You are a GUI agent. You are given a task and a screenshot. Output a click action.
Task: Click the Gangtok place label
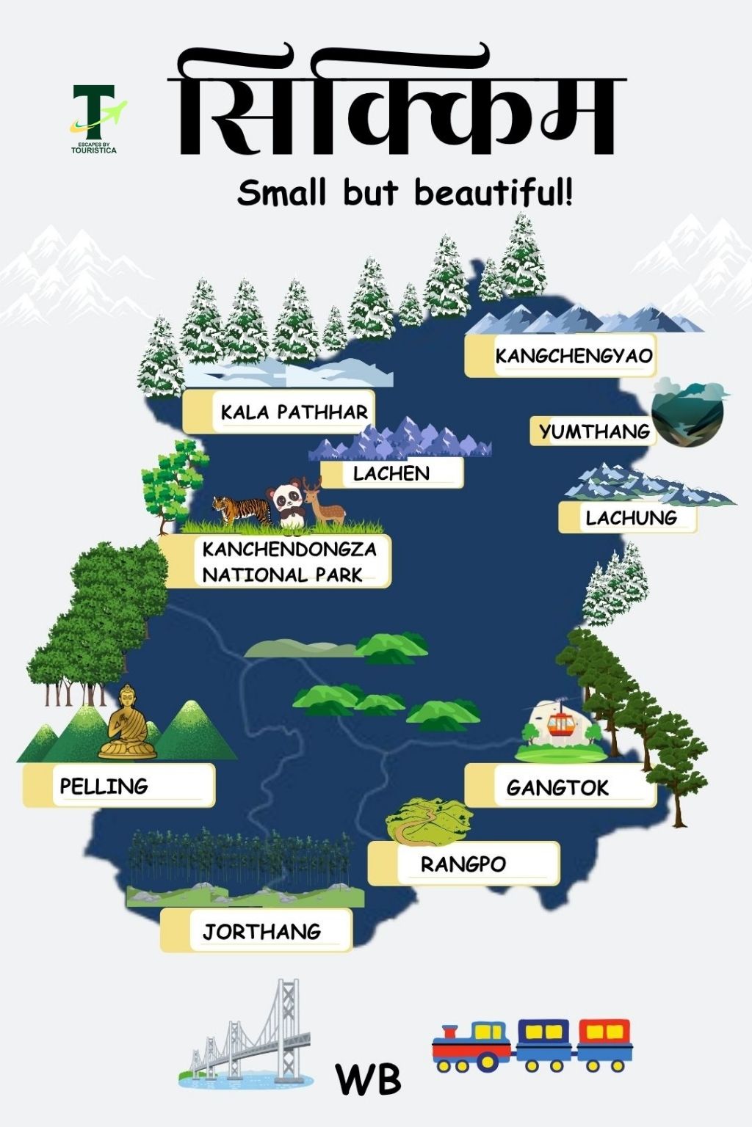coord(558,787)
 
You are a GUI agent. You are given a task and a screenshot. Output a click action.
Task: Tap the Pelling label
coord(104,786)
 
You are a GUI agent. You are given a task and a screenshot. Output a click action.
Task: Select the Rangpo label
coord(463,864)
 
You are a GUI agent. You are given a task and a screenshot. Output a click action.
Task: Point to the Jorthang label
coord(262,931)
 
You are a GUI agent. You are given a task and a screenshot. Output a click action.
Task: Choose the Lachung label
coord(631,517)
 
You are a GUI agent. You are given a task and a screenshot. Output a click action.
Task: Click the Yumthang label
coord(594,431)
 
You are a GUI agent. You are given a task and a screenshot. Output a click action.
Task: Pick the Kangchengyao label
coord(574,356)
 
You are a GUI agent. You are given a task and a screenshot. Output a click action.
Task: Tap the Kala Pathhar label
coord(294,412)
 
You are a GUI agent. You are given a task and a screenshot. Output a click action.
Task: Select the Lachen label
coord(391,473)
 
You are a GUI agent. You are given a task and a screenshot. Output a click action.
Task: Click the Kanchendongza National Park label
coord(289,561)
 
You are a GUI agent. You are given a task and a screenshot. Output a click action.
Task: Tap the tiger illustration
coord(242,509)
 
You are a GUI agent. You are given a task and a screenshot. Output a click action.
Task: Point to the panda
coord(287,503)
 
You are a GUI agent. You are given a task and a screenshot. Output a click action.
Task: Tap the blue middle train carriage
coord(543,1043)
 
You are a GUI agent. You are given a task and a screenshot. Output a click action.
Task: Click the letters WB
coord(369,1079)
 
